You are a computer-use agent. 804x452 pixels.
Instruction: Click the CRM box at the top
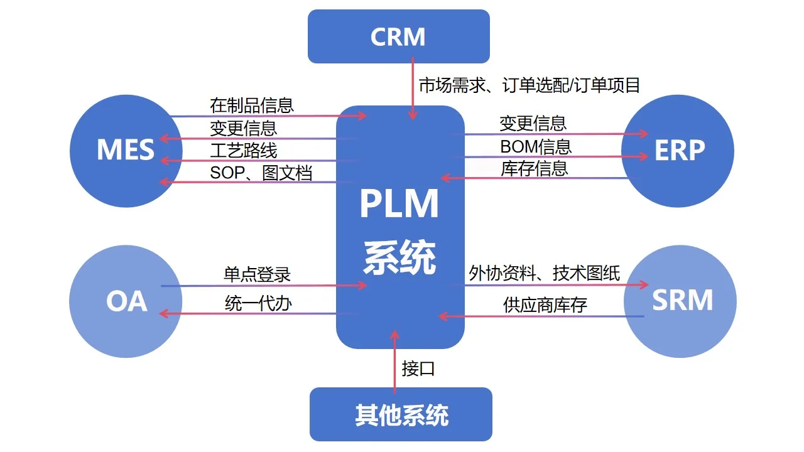(x=398, y=36)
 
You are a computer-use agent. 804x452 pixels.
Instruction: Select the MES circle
(x=126, y=150)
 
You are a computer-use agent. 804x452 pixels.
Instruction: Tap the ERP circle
(x=678, y=150)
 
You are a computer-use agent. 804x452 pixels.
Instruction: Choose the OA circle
(x=126, y=301)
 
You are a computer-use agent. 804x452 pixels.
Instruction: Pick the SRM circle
(x=681, y=301)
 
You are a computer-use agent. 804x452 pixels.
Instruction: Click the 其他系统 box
(x=401, y=414)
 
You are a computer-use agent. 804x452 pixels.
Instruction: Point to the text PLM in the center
(x=399, y=205)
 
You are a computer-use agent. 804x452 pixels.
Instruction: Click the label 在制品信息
(x=252, y=105)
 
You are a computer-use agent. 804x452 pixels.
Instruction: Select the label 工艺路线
(x=243, y=150)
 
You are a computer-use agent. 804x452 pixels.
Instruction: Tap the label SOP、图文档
(x=261, y=173)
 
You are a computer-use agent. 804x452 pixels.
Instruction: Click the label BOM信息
(x=536, y=146)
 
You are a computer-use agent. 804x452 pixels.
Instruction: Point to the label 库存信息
(x=535, y=168)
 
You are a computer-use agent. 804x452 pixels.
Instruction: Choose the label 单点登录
(x=258, y=274)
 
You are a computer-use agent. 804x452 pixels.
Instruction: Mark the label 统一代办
(x=258, y=303)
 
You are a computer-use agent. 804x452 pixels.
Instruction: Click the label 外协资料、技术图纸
(x=545, y=273)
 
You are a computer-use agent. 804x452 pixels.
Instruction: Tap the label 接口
(x=418, y=369)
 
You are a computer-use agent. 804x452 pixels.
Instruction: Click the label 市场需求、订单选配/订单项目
(x=530, y=85)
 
